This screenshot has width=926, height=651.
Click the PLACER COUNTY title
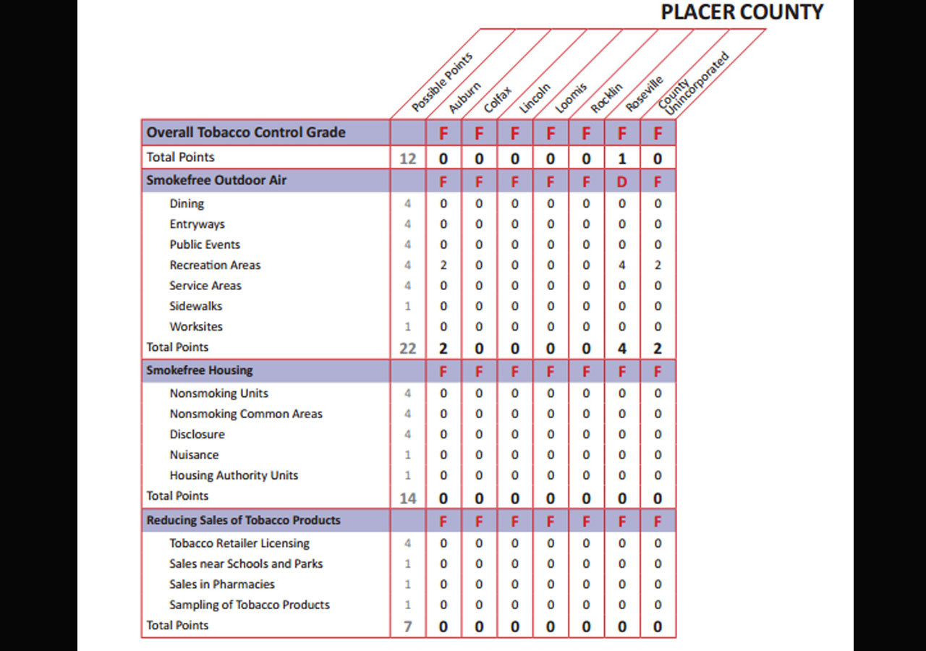pos(742,12)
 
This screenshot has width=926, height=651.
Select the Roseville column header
pos(644,93)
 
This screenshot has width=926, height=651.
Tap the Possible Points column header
pos(442,82)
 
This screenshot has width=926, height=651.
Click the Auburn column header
pos(464,97)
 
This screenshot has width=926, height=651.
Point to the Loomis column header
pos(571,98)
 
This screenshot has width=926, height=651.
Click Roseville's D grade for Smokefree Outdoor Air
pos(621,182)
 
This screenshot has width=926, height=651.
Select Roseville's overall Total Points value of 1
pos(621,158)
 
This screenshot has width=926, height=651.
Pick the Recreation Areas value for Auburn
pos(443,265)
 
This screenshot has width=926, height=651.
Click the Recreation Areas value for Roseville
pos(621,265)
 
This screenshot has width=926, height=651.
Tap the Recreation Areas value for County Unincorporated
pos(658,265)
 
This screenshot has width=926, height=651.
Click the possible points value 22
pos(407,349)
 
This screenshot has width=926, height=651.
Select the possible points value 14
pos(407,498)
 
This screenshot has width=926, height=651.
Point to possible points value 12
pos(407,158)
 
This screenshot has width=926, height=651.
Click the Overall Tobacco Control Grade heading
pos(246,132)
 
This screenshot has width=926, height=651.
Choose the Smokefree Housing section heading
pos(199,370)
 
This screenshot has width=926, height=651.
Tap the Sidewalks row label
pos(195,306)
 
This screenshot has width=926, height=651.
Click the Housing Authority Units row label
pos(234,475)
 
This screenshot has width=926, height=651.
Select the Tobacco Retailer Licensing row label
pos(239,543)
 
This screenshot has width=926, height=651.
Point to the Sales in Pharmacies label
pos(222,584)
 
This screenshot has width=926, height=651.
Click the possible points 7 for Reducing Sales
pos(407,627)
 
